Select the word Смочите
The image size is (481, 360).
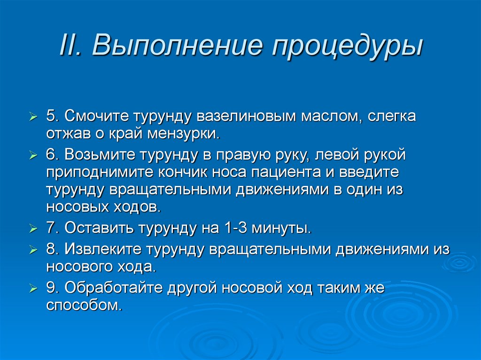99,116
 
